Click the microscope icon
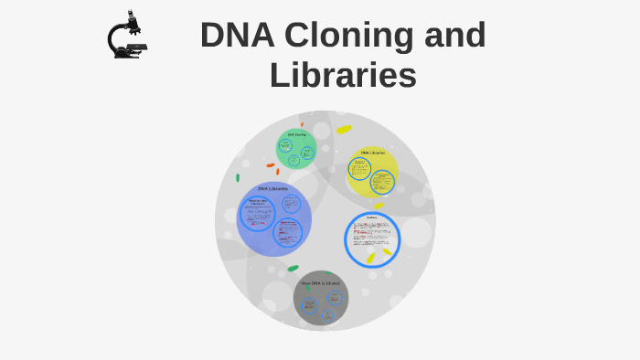click(127, 36)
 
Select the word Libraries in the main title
click(343, 75)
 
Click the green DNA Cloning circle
click(296, 149)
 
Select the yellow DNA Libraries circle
click(372, 173)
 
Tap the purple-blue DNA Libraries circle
click(273, 219)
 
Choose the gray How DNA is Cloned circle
click(321, 298)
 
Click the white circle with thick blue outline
click(372, 239)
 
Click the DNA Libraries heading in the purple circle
click(272, 189)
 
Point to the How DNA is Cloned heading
click(320, 283)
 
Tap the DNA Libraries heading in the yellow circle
click(372, 153)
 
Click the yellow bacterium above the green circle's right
click(344, 130)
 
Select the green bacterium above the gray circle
click(293, 268)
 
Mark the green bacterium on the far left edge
click(238, 177)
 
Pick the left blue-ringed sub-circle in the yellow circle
click(359, 170)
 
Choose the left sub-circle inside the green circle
click(285, 145)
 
